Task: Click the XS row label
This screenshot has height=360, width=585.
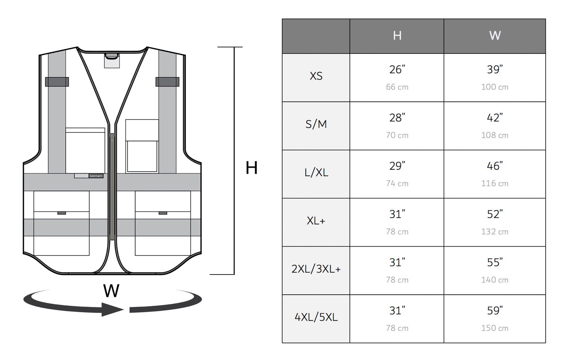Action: [316, 76]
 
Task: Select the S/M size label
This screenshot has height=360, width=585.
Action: [316, 124]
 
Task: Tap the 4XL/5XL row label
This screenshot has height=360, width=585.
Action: [316, 317]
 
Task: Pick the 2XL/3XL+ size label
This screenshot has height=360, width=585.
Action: [316, 269]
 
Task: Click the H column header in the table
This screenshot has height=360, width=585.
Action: [397, 36]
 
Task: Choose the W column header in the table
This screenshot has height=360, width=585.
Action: [495, 36]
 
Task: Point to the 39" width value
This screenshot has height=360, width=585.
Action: [495, 70]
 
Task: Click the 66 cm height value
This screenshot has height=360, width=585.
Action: [397, 87]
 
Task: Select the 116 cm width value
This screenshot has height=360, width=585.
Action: [495, 183]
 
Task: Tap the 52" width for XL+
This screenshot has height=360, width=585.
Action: [495, 214]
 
